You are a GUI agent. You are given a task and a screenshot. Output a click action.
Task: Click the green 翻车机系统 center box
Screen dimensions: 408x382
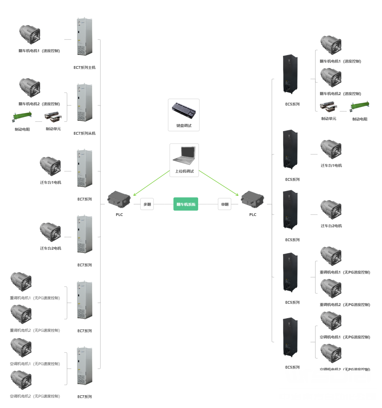(186, 204)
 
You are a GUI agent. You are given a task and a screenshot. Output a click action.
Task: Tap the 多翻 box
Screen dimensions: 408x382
(147, 204)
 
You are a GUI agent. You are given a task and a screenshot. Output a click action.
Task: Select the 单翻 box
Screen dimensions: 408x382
(225, 204)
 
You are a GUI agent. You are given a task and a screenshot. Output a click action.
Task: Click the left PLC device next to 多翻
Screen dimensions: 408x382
(119, 200)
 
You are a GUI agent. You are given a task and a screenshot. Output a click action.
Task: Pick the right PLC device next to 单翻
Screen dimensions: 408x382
(253, 200)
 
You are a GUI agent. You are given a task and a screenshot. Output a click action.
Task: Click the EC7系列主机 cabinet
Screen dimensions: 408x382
(85, 37)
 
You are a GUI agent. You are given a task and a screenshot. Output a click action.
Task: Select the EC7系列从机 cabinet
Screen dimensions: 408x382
(85, 103)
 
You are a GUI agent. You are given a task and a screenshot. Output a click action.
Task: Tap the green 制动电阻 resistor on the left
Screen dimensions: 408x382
(23, 117)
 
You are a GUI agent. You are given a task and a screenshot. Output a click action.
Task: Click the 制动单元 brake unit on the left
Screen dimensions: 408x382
(53, 117)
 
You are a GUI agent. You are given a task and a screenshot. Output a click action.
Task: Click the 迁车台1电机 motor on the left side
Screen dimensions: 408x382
(50, 166)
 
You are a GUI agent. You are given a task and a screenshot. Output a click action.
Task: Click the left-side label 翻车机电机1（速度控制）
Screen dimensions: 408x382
(39, 51)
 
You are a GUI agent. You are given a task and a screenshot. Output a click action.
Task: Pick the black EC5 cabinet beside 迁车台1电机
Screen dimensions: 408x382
(290, 149)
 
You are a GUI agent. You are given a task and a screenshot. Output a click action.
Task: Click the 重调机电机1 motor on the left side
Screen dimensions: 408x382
(21, 282)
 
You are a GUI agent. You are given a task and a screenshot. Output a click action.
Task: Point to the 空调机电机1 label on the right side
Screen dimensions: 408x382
(345, 337)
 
